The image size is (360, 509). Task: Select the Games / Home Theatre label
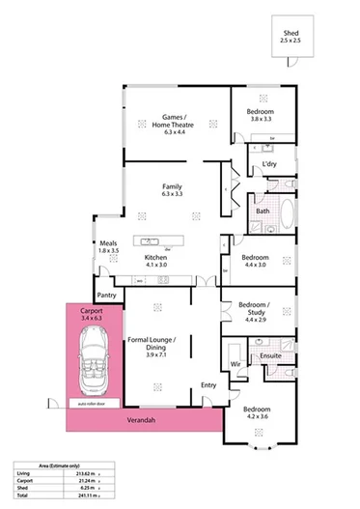177,122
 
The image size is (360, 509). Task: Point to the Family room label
173,187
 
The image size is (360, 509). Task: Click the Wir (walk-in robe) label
234,364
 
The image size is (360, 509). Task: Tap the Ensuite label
271,356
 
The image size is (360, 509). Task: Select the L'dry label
270,165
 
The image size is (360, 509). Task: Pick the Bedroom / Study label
255,311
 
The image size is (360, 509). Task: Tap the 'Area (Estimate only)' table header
44,464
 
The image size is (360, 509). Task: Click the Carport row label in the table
26,480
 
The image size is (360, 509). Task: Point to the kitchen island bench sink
152,241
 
